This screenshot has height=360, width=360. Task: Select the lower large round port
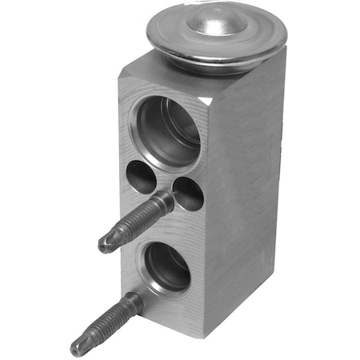[x=167, y=269]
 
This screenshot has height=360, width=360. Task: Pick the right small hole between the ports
[x=188, y=193]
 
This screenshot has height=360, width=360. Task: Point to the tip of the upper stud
[x=105, y=245]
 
